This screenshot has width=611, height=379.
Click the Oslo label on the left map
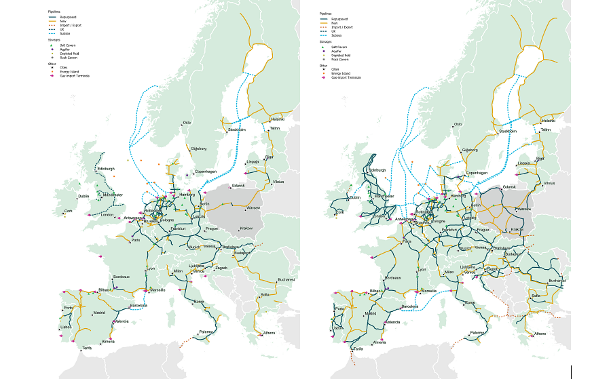click(x=187, y=123)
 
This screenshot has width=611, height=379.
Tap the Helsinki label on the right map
click(x=548, y=121)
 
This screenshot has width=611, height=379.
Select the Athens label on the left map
click(x=270, y=332)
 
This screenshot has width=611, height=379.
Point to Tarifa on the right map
click(x=358, y=348)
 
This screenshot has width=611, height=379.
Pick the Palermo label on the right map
click(x=478, y=332)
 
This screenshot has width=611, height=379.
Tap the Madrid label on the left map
click(x=99, y=313)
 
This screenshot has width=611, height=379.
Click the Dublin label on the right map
click(x=354, y=197)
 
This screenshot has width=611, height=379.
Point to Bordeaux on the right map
click(x=392, y=277)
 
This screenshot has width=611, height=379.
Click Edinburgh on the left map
click(x=107, y=169)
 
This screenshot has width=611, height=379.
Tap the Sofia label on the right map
click(x=536, y=296)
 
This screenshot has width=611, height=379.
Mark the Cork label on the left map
click(x=67, y=211)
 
